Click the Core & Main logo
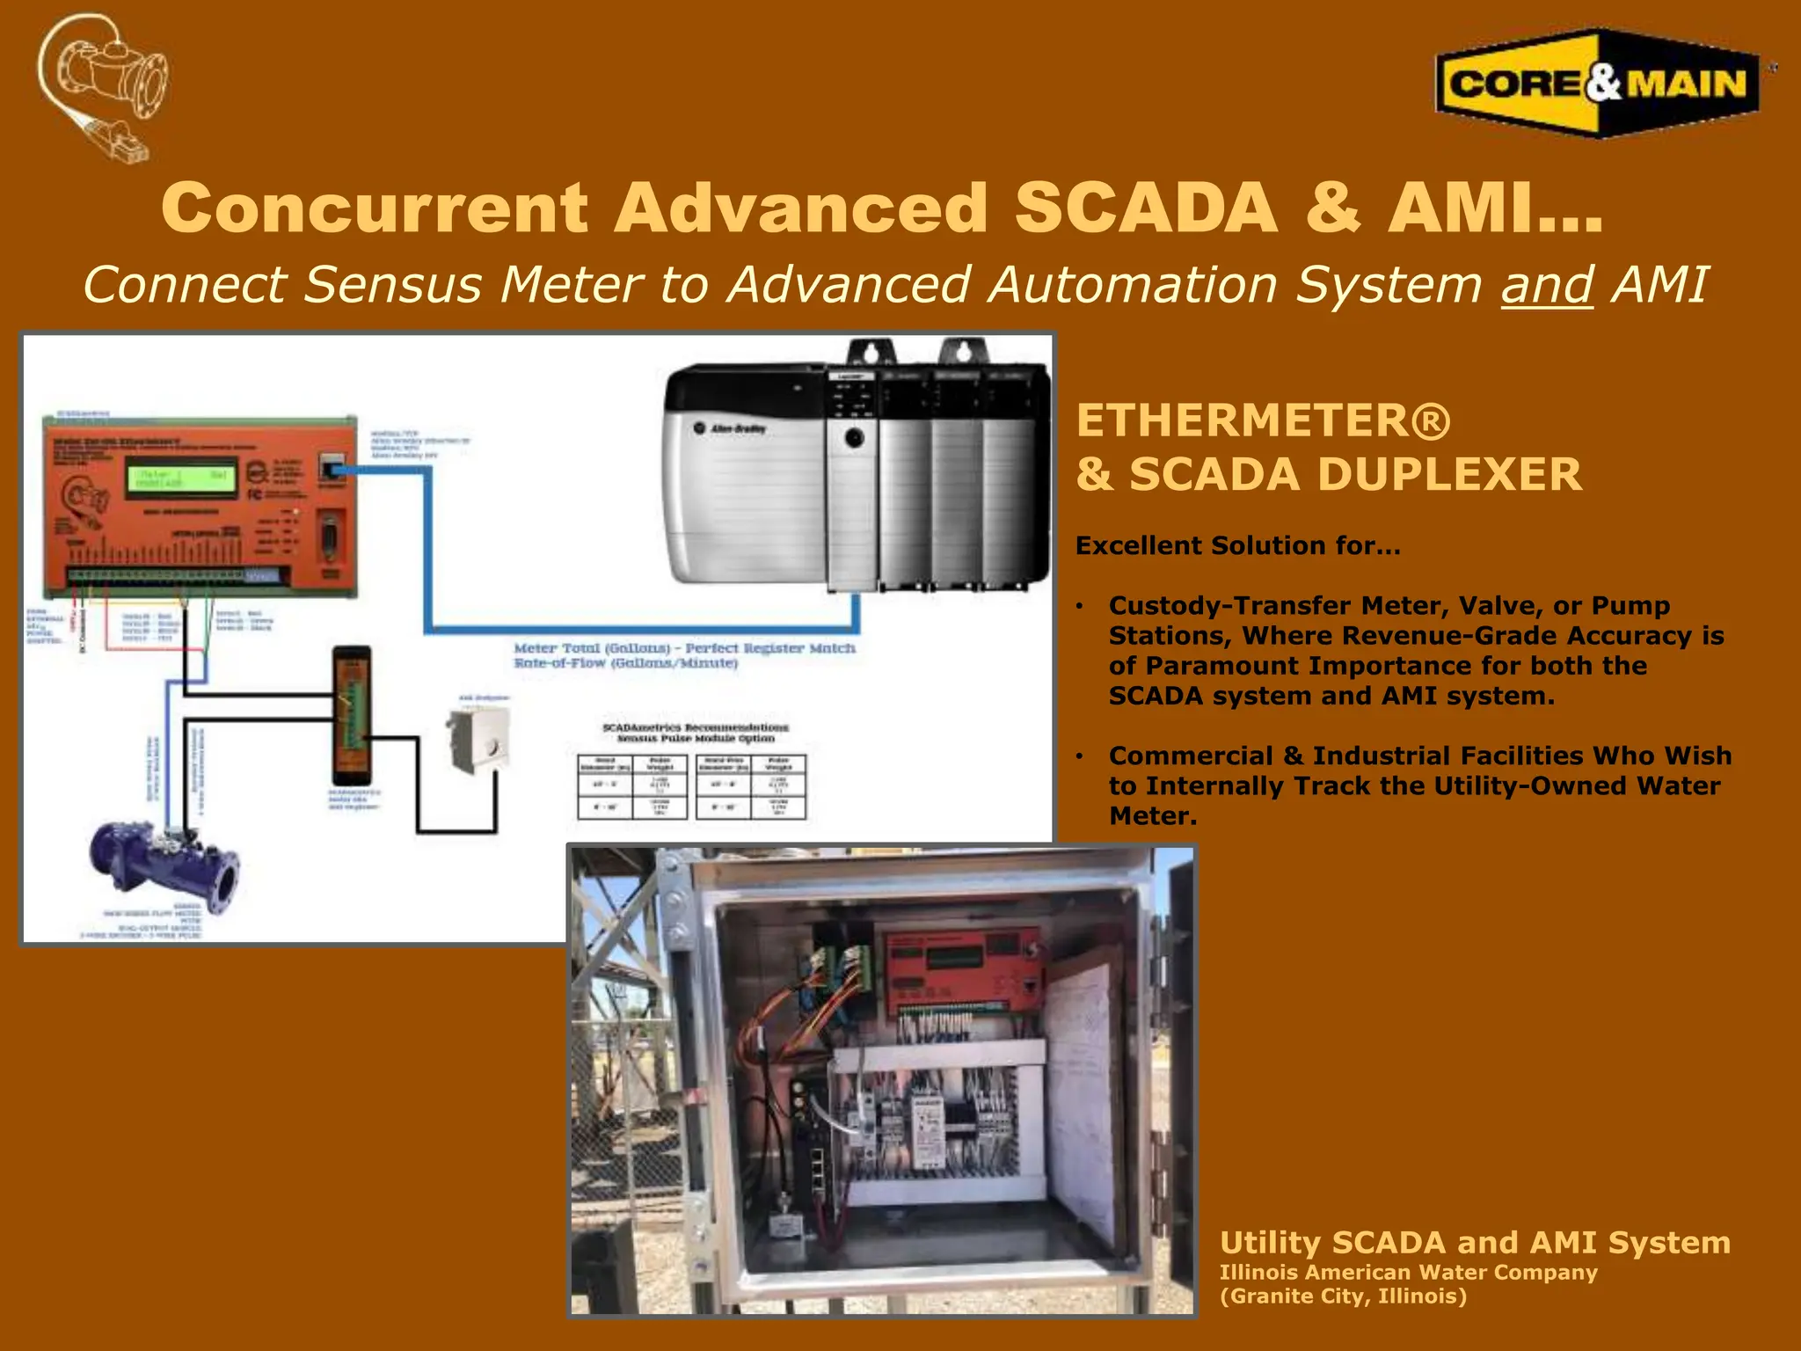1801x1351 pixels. (x=1597, y=84)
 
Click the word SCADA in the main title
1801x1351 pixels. (x=1145, y=208)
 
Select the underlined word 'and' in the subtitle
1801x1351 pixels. (x=1546, y=285)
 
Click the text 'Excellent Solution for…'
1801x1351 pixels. (x=1237, y=545)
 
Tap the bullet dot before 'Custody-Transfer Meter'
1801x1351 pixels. (x=1082, y=606)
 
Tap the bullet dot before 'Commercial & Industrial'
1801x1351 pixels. (x=1082, y=756)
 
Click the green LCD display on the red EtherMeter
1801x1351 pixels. (x=183, y=479)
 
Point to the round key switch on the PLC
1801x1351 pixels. (x=853, y=438)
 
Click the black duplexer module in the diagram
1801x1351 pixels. (x=351, y=714)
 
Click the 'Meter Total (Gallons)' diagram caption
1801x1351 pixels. (x=684, y=648)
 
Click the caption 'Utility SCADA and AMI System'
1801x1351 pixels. (x=1475, y=1242)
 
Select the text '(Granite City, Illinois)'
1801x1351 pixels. (x=1343, y=1296)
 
